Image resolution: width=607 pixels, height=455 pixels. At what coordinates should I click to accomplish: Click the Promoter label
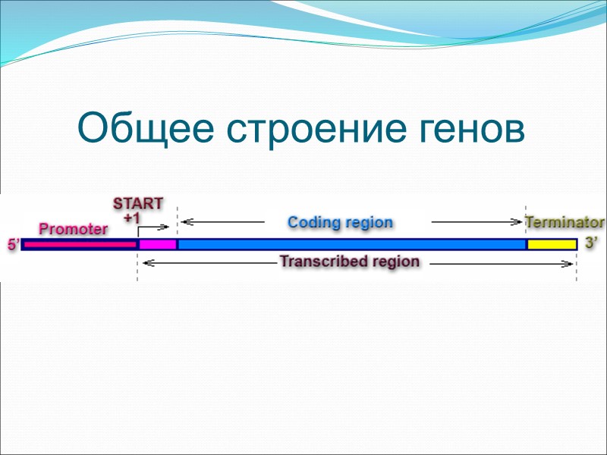[x=74, y=228]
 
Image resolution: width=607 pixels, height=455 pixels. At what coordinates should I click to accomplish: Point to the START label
[x=138, y=203]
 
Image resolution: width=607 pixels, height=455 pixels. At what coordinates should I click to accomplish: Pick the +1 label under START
[x=134, y=217]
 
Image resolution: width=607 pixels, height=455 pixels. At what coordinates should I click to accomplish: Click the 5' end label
[x=13, y=245]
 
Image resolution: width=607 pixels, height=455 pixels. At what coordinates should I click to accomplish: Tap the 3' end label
[x=592, y=244]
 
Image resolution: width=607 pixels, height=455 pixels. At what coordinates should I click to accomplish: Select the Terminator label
[x=565, y=223]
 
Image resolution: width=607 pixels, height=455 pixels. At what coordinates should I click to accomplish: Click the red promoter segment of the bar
[x=80, y=245]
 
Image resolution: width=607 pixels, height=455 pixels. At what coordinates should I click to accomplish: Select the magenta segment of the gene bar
[x=157, y=245]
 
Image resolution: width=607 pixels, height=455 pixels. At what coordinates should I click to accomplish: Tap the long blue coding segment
[x=351, y=245]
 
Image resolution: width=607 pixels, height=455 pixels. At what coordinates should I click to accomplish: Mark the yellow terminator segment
[x=552, y=245]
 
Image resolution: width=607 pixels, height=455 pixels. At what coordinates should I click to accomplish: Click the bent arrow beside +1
[x=154, y=227]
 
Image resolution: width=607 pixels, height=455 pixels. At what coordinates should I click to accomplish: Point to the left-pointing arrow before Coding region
[x=222, y=223]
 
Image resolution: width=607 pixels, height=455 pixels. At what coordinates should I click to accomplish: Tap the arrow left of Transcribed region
[x=209, y=264]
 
